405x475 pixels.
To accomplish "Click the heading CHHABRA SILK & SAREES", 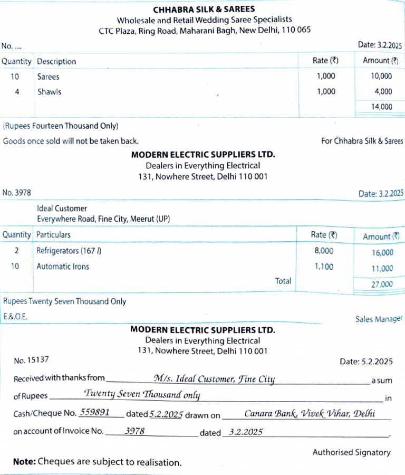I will coord(204,9).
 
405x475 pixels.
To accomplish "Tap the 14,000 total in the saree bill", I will coord(381,107).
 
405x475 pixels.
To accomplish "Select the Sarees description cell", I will coord(48,77).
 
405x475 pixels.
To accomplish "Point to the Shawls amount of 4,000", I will coord(383,92).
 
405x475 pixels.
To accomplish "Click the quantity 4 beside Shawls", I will coord(17,92).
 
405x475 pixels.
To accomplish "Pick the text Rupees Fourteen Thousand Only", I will coord(61,126).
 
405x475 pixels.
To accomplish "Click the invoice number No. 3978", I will coord(16,193).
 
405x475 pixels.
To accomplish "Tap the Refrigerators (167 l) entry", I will coord(69,251).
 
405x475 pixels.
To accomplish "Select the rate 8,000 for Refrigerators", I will coord(324,251).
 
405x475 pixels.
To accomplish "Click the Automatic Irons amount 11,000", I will coord(382,268).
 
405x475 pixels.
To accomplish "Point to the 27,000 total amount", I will coord(382,284).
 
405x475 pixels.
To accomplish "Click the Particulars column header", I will coord(53,234).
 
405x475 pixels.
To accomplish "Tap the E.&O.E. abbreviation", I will coord(15,317).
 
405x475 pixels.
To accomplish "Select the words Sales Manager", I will coord(379,319).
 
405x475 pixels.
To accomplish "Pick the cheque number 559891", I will coord(94,413).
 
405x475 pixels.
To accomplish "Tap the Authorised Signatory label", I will coord(351,452).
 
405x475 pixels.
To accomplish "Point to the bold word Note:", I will coord(24,462).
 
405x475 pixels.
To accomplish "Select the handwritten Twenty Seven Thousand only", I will coord(142,395).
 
